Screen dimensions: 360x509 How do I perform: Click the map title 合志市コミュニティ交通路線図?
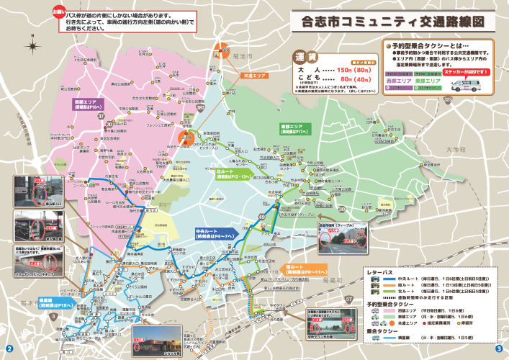tap(392, 21)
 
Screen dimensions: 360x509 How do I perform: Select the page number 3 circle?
tap(498, 348)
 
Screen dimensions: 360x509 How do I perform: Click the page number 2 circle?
tap(9, 348)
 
